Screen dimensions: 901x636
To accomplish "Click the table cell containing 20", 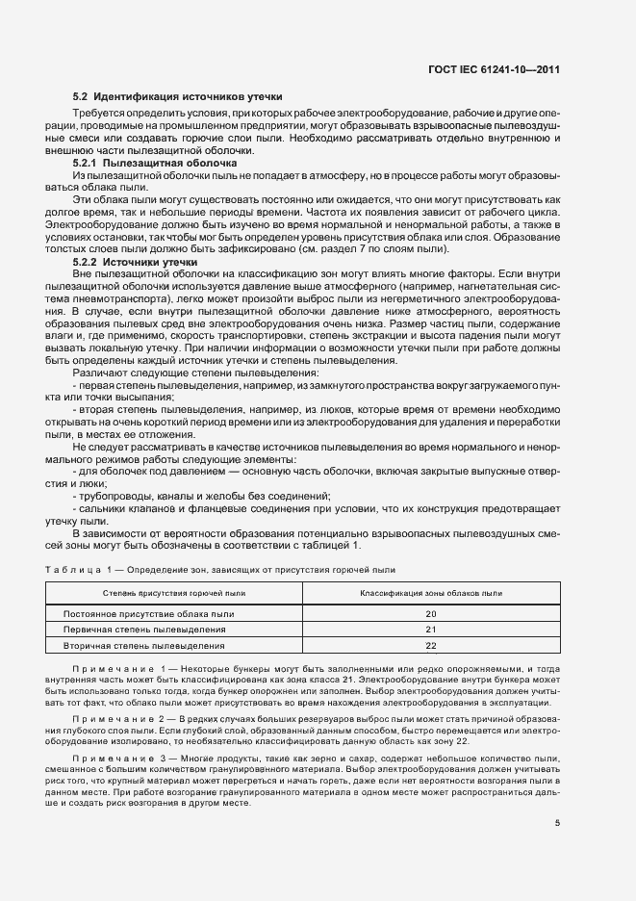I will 430,614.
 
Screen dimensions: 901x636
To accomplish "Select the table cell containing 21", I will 430,630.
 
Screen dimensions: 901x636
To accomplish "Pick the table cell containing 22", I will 430,645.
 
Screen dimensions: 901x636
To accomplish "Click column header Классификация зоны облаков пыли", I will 430,593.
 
